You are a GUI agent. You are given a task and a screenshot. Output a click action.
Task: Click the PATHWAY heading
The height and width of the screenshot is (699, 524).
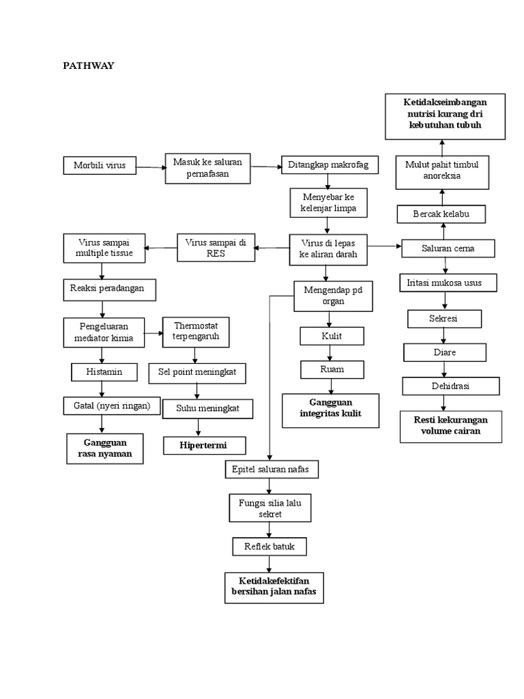click(89, 66)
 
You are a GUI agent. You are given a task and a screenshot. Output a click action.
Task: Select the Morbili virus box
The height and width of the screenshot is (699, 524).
click(100, 165)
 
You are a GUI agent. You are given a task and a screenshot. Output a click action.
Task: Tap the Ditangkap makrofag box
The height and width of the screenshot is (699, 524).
click(330, 165)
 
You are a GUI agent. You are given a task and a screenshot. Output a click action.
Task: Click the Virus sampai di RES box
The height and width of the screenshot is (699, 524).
click(216, 247)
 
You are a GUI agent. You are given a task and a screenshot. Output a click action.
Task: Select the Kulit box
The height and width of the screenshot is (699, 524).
click(332, 336)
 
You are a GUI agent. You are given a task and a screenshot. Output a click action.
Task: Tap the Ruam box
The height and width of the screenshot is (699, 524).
click(332, 369)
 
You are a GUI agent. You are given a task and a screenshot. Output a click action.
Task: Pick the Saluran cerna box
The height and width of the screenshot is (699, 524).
click(448, 248)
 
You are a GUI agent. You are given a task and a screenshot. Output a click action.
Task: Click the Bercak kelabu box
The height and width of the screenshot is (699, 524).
click(441, 214)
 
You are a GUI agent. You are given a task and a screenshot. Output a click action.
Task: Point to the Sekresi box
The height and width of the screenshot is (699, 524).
click(444, 319)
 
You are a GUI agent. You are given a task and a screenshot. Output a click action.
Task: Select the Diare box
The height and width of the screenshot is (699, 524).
click(444, 352)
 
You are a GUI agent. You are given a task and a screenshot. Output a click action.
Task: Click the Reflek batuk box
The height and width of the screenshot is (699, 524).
click(270, 547)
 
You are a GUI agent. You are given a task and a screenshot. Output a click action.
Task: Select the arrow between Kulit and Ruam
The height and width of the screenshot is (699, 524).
click(332, 352)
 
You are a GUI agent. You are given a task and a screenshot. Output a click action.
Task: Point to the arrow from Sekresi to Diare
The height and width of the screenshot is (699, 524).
click(444, 335)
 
